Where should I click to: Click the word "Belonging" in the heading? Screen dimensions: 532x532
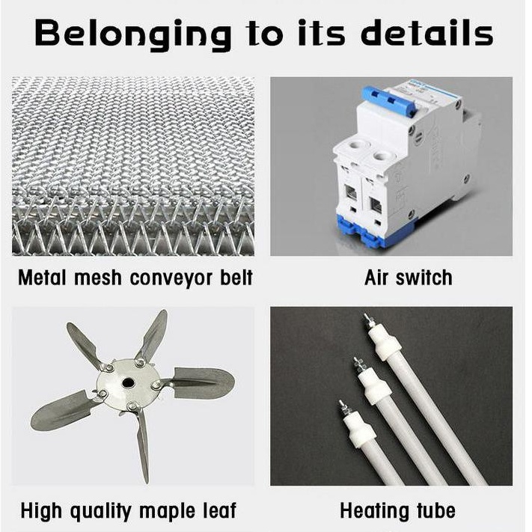[x=133, y=34]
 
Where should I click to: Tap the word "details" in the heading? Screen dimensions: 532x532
[x=426, y=33]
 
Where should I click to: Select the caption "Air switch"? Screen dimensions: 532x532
[x=408, y=278]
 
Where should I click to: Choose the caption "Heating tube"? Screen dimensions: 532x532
[x=397, y=510]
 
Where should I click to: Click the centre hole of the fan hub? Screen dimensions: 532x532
[x=128, y=383]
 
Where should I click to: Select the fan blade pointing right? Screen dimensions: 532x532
[x=201, y=382]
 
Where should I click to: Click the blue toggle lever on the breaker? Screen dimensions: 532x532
[x=389, y=101]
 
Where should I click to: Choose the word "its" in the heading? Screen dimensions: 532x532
[x=321, y=33]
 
